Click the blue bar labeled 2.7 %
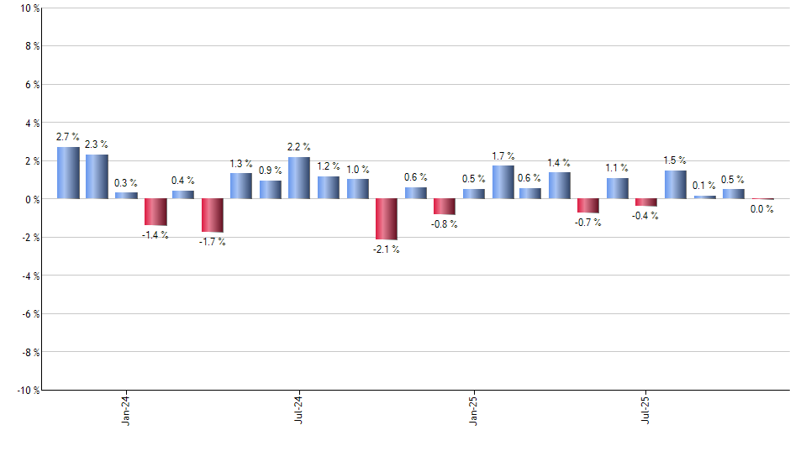[68, 173]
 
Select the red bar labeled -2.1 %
[387, 219]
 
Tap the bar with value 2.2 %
[299, 178]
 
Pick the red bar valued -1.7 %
[212, 215]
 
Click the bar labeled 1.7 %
[503, 182]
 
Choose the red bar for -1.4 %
[155, 212]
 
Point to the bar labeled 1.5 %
[676, 185]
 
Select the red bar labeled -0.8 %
[445, 207]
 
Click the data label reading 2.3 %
[97, 144]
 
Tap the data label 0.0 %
[762, 210]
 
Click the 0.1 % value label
[704, 186]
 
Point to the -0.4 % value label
[646, 216]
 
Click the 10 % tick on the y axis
[28, 8]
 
